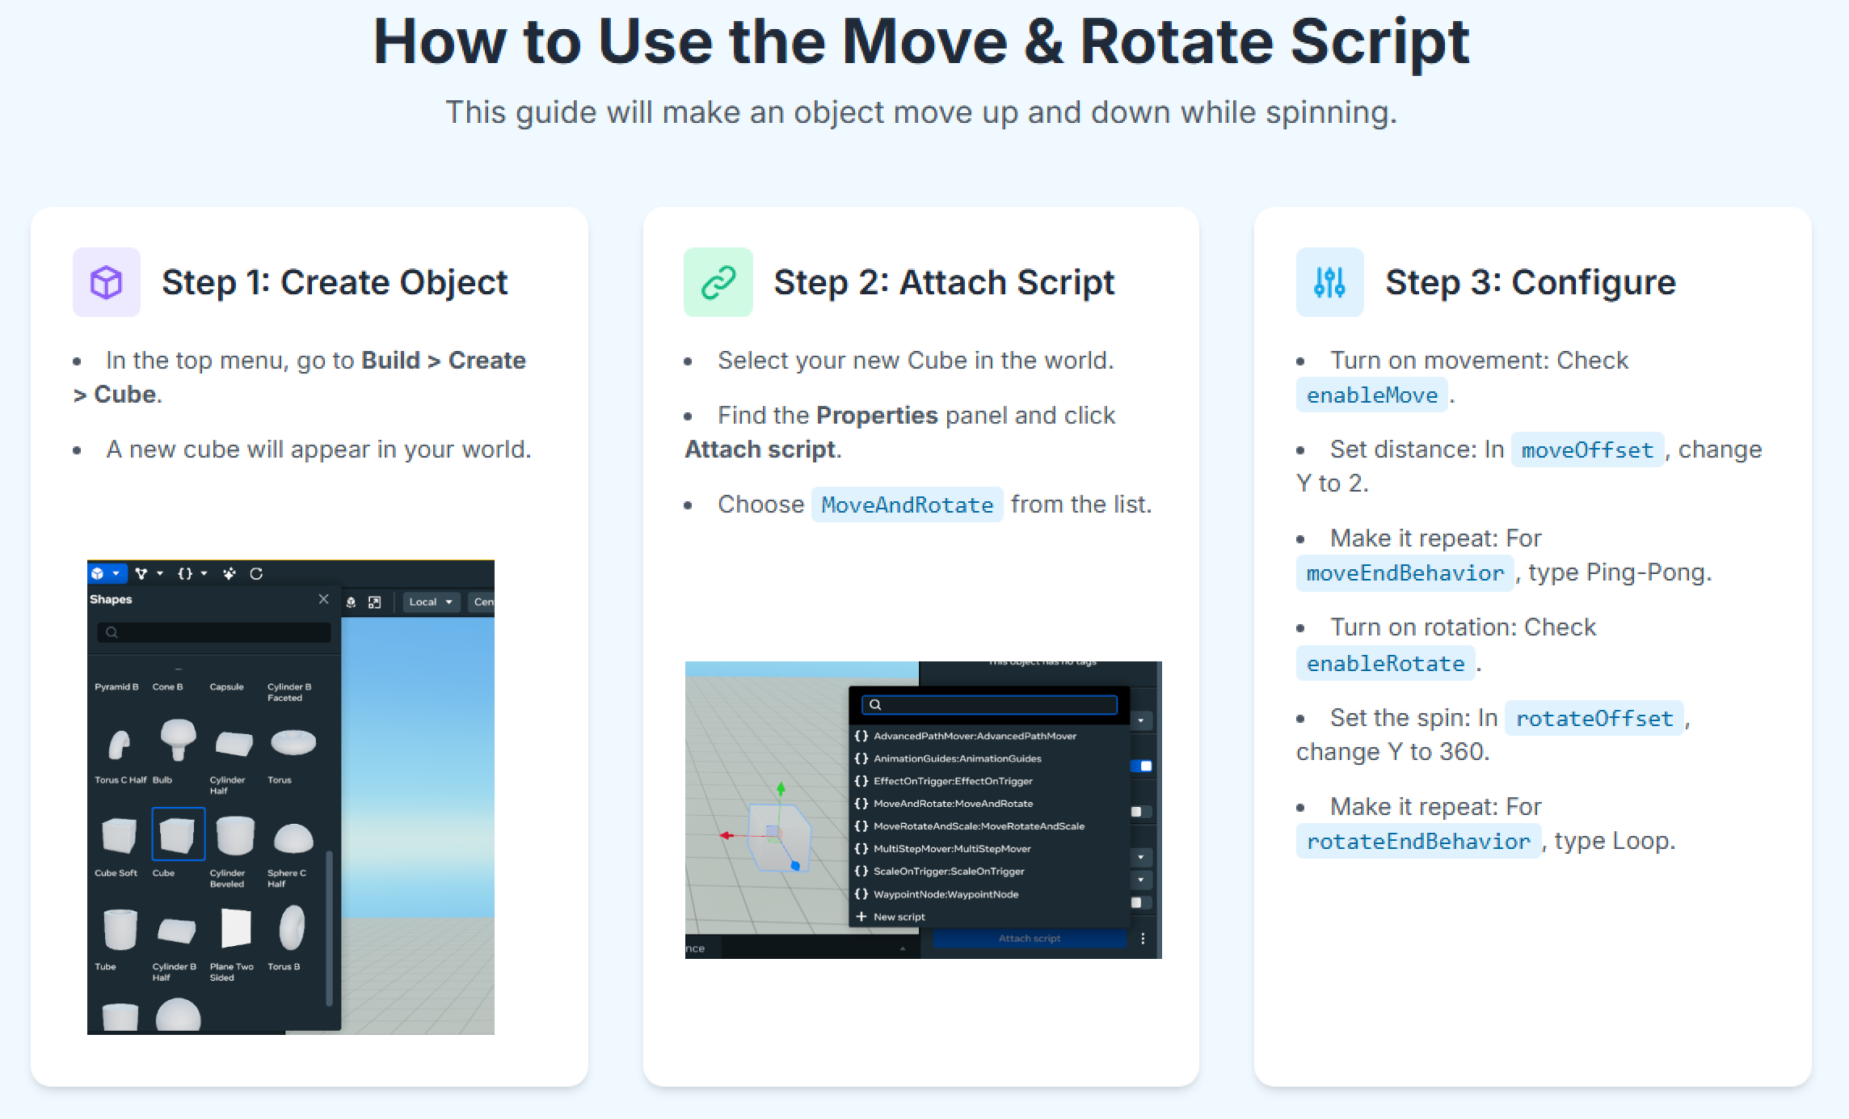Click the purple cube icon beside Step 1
coord(106,282)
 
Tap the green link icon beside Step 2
coord(718,282)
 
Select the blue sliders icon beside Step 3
coord(1329,282)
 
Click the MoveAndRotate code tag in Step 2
coord(907,505)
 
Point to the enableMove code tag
coord(1371,395)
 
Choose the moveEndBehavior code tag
coord(1405,573)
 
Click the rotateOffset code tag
coord(1594,718)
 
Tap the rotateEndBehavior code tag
coord(1418,842)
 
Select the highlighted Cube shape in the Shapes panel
coord(178,834)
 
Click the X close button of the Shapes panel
coord(323,599)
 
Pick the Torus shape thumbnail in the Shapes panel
coord(293,741)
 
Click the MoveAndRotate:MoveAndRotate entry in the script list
coord(953,804)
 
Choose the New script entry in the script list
coord(899,917)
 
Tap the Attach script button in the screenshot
coord(1029,939)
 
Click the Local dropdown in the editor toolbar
coord(430,602)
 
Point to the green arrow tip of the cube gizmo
coord(781,787)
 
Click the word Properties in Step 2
coord(877,416)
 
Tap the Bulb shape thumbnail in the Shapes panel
coord(178,739)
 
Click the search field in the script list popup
coord(990,704)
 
